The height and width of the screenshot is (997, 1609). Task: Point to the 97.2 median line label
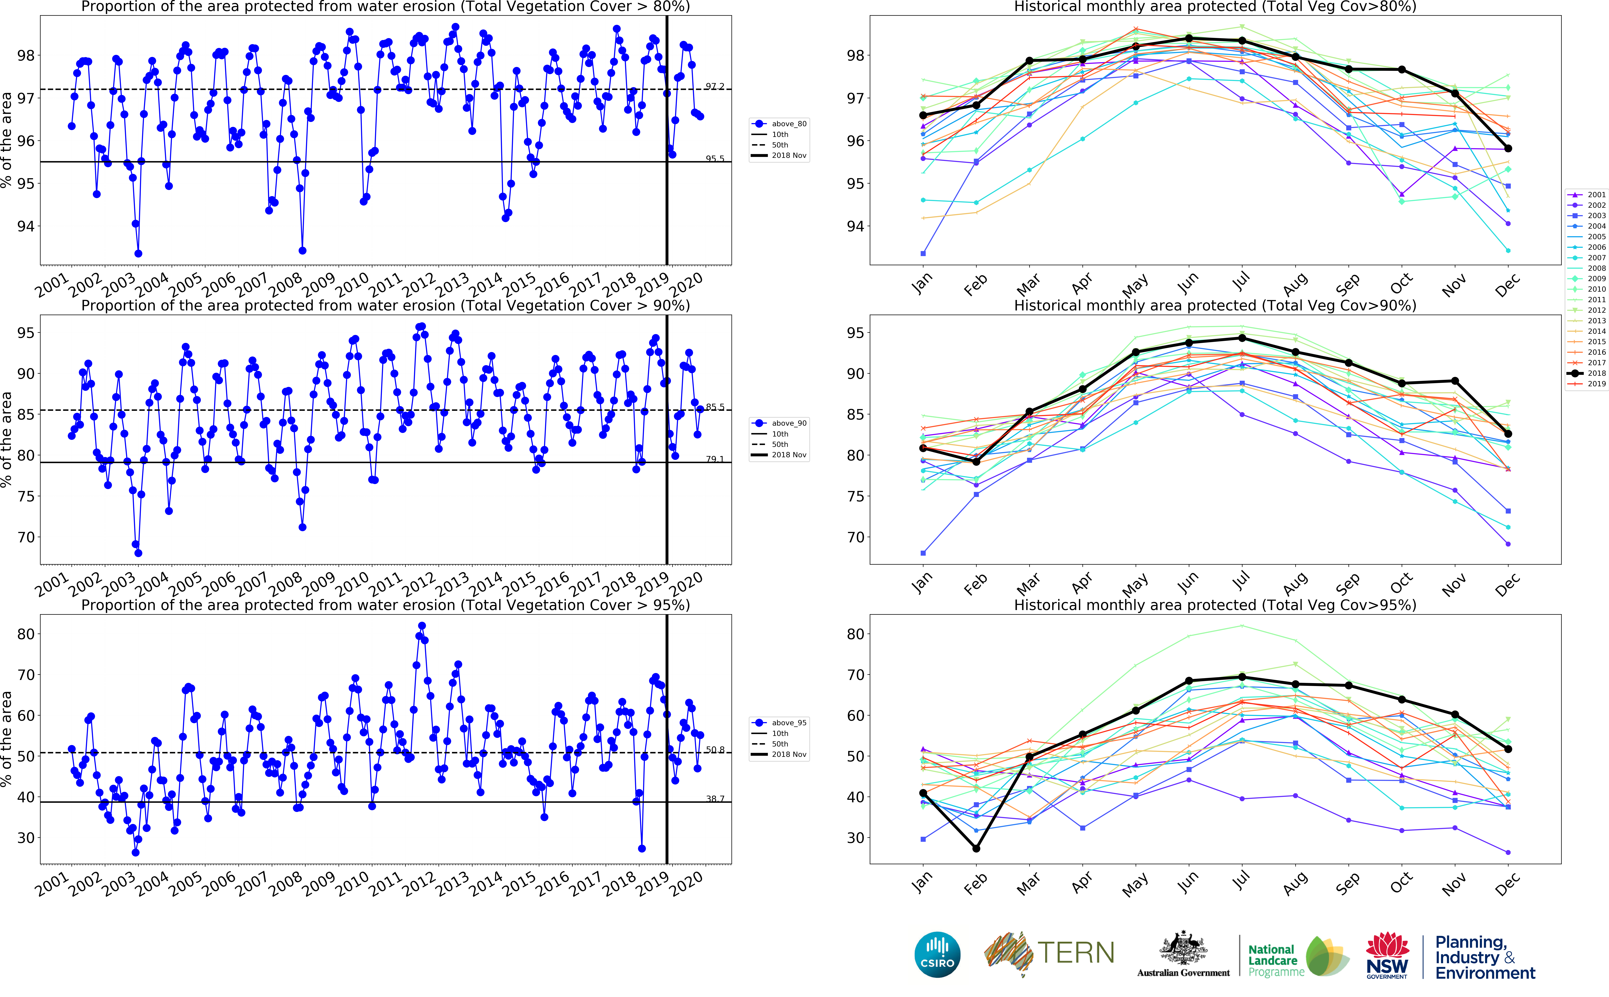coord(715,86)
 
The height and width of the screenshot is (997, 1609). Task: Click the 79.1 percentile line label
coord(715,459)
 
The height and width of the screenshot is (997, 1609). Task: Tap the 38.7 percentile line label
coord(715,799)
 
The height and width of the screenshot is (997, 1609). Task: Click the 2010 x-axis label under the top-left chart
coord(353,284)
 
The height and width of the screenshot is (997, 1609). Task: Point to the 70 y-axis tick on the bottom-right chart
coord(855,675)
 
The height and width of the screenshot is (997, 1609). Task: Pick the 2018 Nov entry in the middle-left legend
coord(788,455)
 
